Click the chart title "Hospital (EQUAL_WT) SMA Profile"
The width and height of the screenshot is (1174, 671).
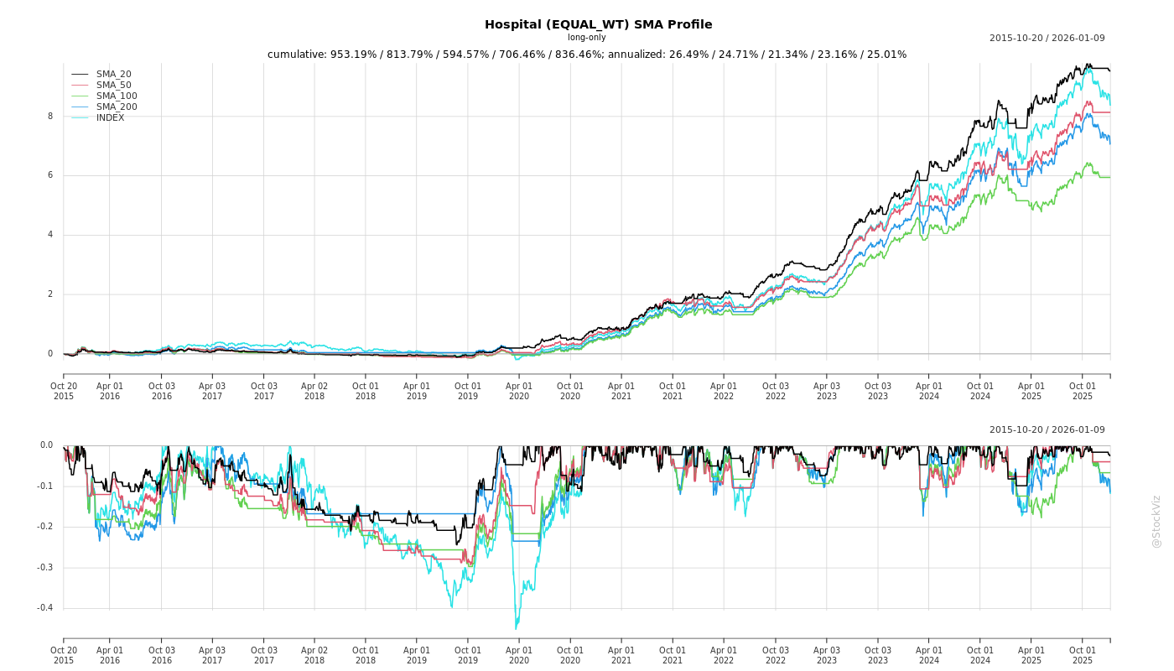tap(598, 24)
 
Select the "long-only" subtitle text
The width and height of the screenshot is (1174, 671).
tap(586, 38)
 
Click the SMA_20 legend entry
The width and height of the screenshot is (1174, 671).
tap(113, 75)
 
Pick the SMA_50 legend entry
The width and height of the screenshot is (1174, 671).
tap(113, 86)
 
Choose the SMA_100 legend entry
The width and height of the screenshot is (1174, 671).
tap(117, 96)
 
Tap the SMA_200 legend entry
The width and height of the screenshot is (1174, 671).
tap(117, 107)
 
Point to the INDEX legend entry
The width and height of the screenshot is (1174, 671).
tap(110, 118)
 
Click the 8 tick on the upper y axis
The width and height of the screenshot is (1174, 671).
tap(49, 117)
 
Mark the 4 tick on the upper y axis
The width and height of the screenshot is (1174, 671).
tap(49, 235)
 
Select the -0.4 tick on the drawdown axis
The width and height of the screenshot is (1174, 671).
tap(44, 608)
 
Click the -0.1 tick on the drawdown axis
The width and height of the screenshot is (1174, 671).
tap(44, 486)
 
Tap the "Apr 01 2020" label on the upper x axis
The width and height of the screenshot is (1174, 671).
tap(519, 391)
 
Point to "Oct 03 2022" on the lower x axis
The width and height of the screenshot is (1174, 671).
tap(775, 655)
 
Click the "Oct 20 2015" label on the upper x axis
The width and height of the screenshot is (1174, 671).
tap(64, 391)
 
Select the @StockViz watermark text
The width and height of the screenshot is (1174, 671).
tap(1156, 521)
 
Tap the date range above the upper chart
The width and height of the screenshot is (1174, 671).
tap(1047, 38)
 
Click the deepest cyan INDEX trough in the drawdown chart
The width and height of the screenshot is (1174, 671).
tap(516, 628)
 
